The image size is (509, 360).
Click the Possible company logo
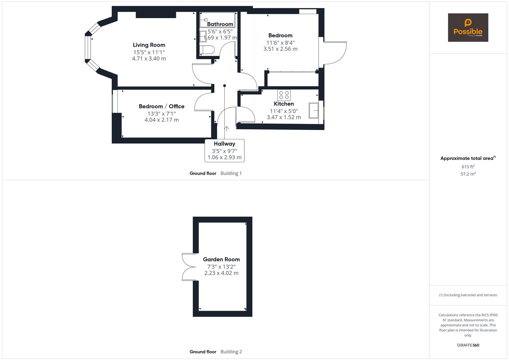click(x=468, y=28)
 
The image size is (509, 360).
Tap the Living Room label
click(x=149, y=45)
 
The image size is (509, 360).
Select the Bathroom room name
click(x=220, y=24)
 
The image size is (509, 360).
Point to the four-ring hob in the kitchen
click(x=284, y=95)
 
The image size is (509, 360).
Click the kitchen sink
click(x=314, y=110)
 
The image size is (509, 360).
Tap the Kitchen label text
click(x=284, y=104)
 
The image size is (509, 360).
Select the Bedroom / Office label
click(x=162, y=106)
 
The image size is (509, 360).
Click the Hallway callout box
click(x=224, y=151)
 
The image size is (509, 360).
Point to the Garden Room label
click(x=221, y=259)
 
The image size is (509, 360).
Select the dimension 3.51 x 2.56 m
click(x=280, y=49)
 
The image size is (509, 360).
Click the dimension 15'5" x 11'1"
click(x=149, y=52)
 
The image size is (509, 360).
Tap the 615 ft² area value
click(x=468, y=167)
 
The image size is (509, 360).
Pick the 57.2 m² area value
click(x=468, y=174)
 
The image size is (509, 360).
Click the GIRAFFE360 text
click(x=468, y=345)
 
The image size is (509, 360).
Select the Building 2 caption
click(x=231, y=352)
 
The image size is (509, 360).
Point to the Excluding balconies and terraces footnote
click(x=468, y=295)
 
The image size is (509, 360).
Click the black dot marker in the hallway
click(x=225, y=86)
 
